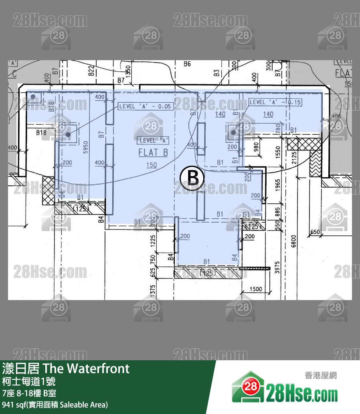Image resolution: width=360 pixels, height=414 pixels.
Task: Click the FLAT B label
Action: [153, 153]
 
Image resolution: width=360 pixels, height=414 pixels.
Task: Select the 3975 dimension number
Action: [277, 268]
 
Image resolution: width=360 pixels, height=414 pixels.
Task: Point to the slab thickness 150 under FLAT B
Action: [152, 165]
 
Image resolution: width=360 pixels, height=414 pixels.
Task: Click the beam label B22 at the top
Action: [91, 71]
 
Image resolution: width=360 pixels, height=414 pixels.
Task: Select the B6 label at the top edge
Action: [187, 64]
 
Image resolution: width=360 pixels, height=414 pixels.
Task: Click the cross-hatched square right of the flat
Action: [298, 144]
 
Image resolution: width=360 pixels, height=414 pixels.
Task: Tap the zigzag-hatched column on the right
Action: [316, 164]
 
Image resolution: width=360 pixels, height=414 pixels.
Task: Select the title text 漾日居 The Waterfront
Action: [66, 368]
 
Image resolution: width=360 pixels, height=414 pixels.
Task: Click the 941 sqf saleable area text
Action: [55, 405]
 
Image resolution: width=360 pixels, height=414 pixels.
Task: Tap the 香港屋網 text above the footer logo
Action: [321, 375]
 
